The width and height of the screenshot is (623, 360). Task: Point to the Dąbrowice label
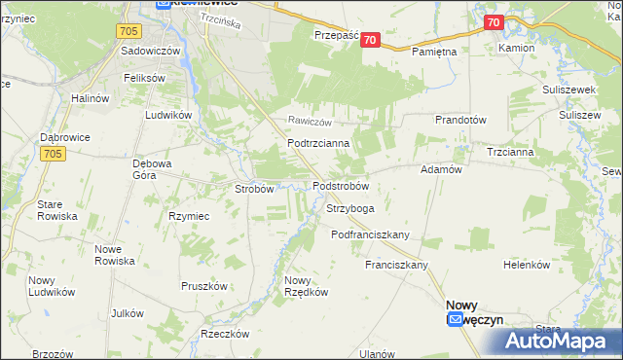click(65, 137)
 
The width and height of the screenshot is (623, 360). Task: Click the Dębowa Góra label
click(157, 169)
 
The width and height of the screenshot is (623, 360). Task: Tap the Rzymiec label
click(189, 216)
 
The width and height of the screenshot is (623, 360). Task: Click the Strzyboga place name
click(350, 208)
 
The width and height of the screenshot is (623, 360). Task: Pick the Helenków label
click(527, 265)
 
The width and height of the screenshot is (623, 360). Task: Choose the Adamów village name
click(439, 168)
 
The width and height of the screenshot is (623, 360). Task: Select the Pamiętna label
click(434, 50)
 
